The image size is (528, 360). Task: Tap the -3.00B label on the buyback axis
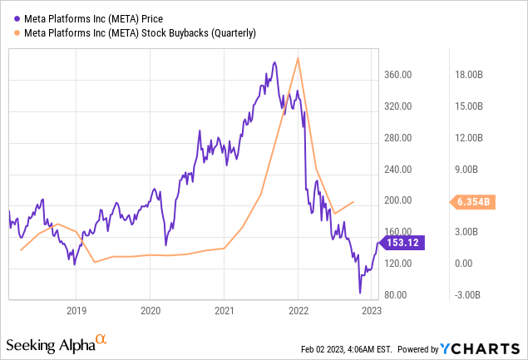(x=467, y=295)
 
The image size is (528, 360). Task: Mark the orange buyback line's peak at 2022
(x=299, y=58)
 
